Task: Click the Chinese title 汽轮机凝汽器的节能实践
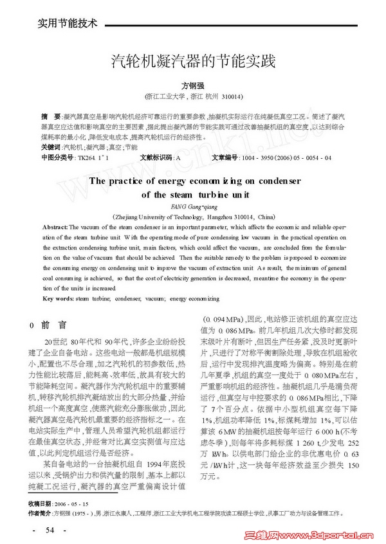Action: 193,62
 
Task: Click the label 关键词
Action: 51,147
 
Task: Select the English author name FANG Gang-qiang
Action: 193,206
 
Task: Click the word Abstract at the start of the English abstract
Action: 55,228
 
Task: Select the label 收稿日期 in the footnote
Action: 42,503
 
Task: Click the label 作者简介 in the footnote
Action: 42,513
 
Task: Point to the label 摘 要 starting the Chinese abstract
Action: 51,117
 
